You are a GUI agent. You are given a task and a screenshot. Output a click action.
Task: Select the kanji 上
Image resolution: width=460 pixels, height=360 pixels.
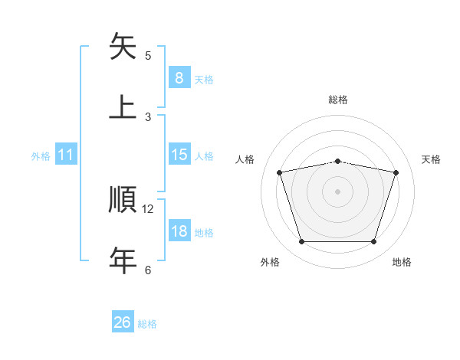point(123,106)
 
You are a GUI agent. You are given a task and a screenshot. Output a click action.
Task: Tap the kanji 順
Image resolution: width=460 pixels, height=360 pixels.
point(123,200)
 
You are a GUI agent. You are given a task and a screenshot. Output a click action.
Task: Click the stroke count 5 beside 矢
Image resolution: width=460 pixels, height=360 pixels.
point(148,55)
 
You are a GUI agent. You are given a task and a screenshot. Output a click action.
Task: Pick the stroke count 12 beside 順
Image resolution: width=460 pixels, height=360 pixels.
point(148,208)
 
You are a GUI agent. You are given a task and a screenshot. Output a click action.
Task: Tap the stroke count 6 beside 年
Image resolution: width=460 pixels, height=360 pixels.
point(148,270)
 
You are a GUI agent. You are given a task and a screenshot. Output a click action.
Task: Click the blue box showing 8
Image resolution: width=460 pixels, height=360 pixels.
point(179,77)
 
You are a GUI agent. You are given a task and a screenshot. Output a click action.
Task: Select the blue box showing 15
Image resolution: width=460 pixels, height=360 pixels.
point(179,154)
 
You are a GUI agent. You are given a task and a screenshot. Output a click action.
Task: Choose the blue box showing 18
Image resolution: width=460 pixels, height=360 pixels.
point(179,231)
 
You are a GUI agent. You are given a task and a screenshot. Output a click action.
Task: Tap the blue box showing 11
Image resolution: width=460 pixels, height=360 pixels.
point(66,155)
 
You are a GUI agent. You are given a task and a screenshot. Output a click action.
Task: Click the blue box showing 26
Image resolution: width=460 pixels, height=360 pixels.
point(123,322)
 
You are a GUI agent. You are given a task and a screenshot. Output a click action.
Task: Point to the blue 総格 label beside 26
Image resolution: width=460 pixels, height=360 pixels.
point(147,324)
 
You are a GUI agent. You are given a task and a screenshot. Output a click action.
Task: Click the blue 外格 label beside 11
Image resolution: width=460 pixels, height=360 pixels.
point(41,156)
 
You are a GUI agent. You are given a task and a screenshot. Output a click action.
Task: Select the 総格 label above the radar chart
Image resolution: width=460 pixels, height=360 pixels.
point(338,100)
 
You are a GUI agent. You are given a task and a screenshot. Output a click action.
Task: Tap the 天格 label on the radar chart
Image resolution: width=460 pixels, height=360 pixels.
point(432,159)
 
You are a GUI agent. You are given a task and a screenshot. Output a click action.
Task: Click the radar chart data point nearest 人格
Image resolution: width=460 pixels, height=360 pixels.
point(280,172)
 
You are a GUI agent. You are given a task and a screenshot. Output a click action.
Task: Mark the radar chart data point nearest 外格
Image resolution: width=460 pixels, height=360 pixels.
point(302,242)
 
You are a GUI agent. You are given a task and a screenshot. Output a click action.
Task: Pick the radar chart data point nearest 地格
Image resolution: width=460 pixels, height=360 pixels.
point(373,242)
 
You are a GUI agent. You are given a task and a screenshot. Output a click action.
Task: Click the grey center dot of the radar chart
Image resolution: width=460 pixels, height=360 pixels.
point(337,191)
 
